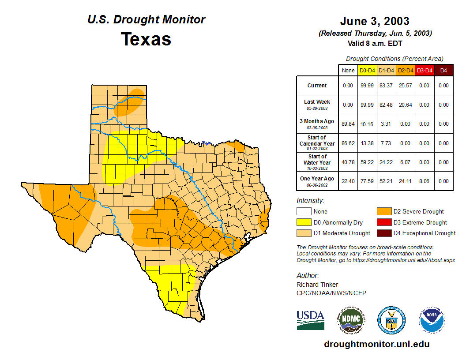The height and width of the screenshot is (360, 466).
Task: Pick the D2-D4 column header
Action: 406,71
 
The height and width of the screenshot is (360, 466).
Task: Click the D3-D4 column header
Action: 425,71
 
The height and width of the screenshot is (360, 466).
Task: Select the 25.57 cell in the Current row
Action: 406,86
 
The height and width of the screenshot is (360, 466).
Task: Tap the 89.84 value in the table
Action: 348,124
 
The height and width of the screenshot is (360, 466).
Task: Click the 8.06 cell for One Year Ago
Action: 425,181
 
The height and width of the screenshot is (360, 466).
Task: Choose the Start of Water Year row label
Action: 317,162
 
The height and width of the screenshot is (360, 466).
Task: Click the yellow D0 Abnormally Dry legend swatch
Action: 304,222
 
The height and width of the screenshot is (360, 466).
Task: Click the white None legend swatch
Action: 304,212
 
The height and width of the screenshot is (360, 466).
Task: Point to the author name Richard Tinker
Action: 317,285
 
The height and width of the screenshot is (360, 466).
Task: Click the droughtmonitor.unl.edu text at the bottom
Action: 376,344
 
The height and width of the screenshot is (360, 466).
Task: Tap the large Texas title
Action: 146,39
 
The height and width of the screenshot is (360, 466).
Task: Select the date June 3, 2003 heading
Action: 375,21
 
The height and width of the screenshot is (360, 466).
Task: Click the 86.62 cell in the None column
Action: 348,143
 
